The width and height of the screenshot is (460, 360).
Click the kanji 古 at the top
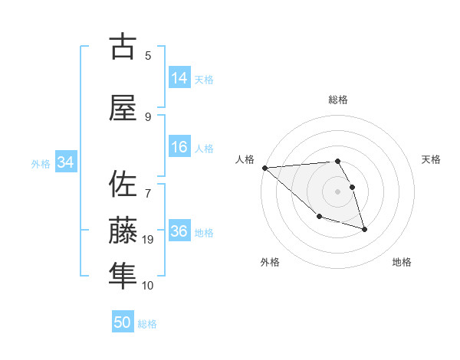click(123, 47)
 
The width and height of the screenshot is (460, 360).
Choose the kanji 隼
click(123, 275)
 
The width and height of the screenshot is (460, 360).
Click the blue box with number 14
click(179, 78)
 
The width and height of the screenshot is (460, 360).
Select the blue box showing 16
click(179, 147)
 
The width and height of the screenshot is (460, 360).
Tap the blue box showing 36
click(179, 231)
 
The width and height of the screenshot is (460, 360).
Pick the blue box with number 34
click(66, 162)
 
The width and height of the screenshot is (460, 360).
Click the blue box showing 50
click(123, 322)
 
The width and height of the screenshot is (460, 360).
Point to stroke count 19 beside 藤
click(148, 241)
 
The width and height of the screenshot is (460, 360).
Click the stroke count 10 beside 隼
click(148, 286)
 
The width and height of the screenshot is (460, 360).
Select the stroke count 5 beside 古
click(148, 55)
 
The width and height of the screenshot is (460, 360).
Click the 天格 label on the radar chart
click(431, 159)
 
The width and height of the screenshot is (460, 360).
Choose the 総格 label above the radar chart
click(338, 100)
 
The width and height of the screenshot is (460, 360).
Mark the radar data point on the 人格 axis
click(264, 167)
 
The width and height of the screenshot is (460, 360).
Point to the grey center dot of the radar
click(338, 191)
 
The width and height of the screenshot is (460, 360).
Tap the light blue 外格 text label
click(40, 163)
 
